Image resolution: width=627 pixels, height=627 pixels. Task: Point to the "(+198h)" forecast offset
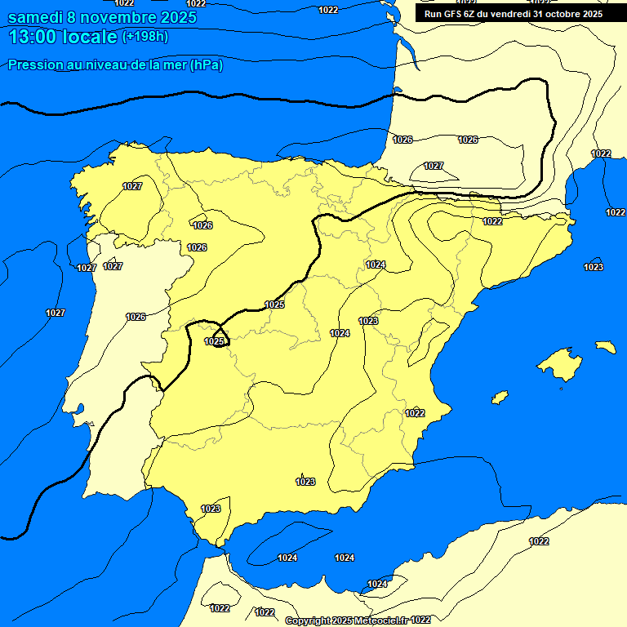pos(145,37)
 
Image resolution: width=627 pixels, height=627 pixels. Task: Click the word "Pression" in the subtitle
pos(35,65)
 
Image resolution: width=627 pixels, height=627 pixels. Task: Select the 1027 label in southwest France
pos(434,166)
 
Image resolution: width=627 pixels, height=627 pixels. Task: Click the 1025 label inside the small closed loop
pos(214,341)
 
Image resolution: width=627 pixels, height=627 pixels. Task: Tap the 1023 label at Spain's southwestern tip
pos(211,509)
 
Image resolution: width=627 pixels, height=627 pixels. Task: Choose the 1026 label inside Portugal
pos(136,317)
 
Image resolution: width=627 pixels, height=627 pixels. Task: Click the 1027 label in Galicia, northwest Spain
pos(132,186)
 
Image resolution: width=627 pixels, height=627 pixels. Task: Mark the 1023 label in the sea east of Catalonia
pos(594,267)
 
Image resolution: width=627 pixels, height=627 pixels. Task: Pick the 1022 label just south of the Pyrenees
pos(492,221)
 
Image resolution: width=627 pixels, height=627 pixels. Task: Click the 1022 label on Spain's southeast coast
pos(415,413)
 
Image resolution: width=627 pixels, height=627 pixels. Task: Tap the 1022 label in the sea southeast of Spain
pos(539,541)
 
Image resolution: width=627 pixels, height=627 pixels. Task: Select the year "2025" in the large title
pos(174,17)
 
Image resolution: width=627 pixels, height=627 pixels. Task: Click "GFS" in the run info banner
pos(456,14)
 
